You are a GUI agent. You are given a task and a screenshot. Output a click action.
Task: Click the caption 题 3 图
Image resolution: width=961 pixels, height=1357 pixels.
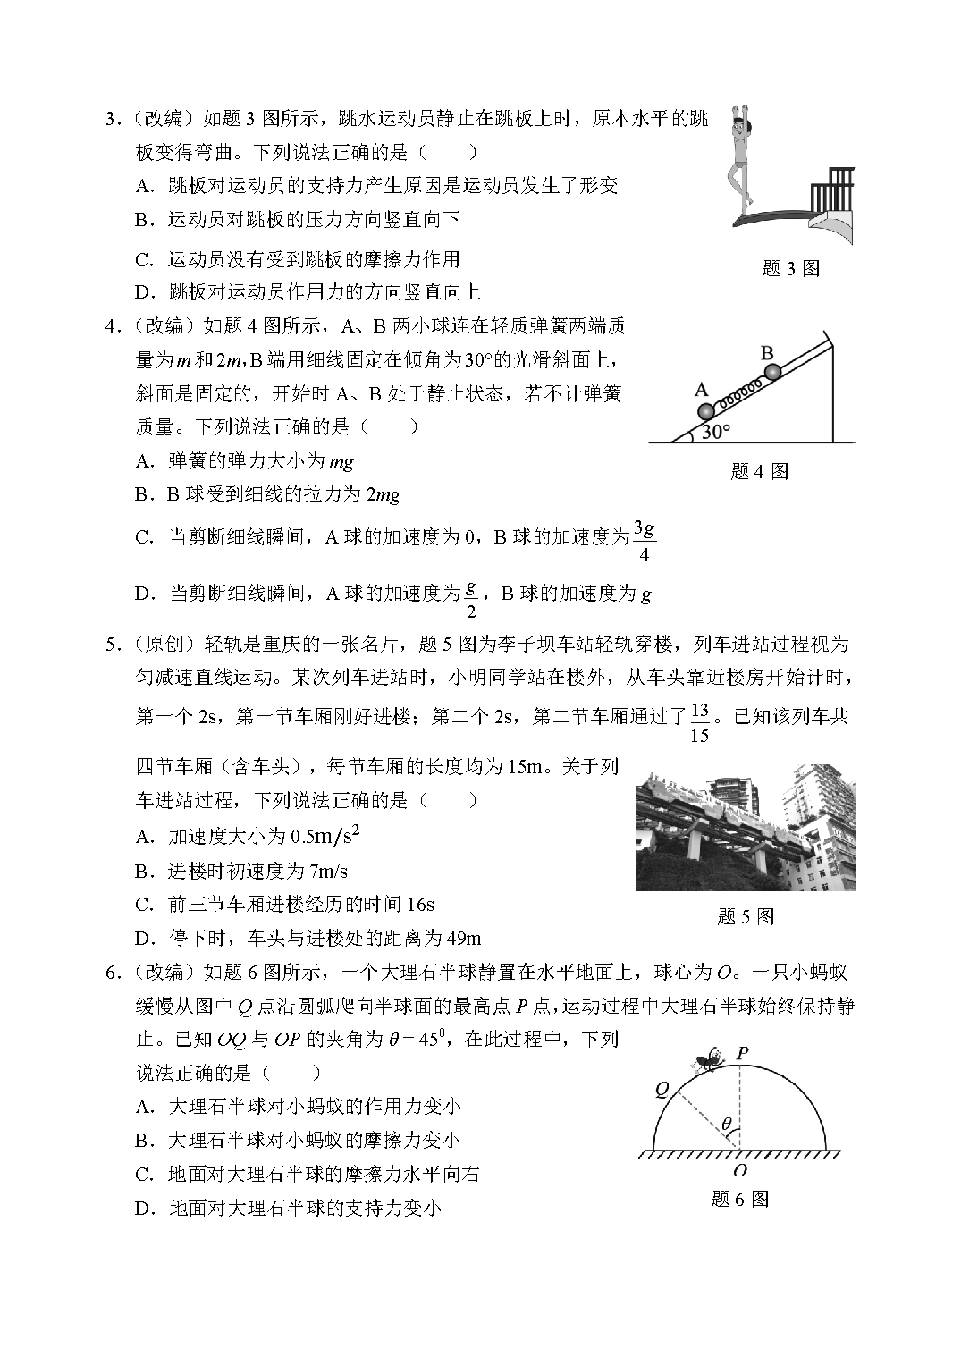(790, 268)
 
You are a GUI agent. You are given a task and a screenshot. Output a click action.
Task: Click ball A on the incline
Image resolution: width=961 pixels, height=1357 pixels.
(706, 411)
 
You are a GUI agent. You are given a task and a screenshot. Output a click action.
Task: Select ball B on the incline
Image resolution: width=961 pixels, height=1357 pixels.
(772, 370)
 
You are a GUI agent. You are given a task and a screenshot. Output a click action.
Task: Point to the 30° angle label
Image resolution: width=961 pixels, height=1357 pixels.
(716, 432)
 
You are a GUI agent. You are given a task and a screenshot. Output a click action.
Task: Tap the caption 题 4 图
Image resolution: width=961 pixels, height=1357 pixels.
(760, 471)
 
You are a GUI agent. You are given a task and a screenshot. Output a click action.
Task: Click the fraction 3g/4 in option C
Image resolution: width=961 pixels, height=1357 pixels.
(644, 541)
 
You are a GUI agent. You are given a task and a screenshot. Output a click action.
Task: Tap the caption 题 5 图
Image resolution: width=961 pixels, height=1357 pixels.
(746, 916)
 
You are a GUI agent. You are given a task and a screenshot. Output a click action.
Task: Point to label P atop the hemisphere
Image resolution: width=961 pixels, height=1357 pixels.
(742, 1053)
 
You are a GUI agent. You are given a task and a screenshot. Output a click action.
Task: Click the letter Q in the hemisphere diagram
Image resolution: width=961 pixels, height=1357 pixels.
(662, 1088)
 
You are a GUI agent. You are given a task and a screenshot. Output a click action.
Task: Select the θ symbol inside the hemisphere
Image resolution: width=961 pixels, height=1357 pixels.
(726, 1123)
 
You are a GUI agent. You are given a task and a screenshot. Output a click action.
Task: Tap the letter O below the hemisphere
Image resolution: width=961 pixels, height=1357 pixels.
(739, 1170)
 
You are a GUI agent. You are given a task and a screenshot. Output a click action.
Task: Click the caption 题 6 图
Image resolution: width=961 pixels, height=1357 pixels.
(739, 1199)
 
